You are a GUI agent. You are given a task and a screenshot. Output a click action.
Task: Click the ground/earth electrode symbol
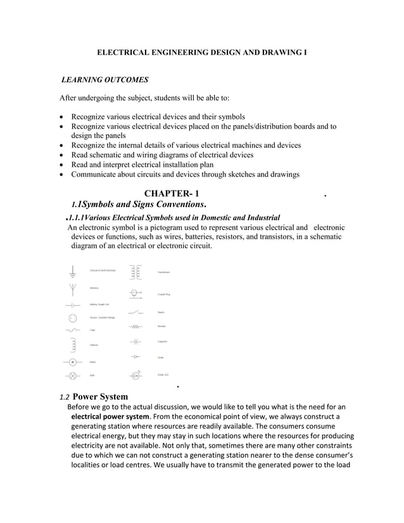coord(73,271)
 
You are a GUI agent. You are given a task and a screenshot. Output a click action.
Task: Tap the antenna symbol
coord(73,289)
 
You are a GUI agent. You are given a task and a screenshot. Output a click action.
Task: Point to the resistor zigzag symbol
coord(135,327)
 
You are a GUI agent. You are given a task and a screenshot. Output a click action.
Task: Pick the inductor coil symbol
coord(73,345)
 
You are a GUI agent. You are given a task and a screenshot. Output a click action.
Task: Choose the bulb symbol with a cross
coord(73,375)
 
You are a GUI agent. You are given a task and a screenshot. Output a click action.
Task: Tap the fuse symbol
coord(73,331)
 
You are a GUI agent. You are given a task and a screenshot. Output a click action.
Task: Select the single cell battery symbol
coord(73,305)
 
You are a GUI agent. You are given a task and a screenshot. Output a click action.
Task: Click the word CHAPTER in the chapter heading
coord(167,193)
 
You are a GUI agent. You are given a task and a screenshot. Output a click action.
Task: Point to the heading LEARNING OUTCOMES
coord(104,80)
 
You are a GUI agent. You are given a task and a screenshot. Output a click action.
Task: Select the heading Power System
coord(104,397)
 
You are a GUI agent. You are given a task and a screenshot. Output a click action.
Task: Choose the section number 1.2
coord(64,398)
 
